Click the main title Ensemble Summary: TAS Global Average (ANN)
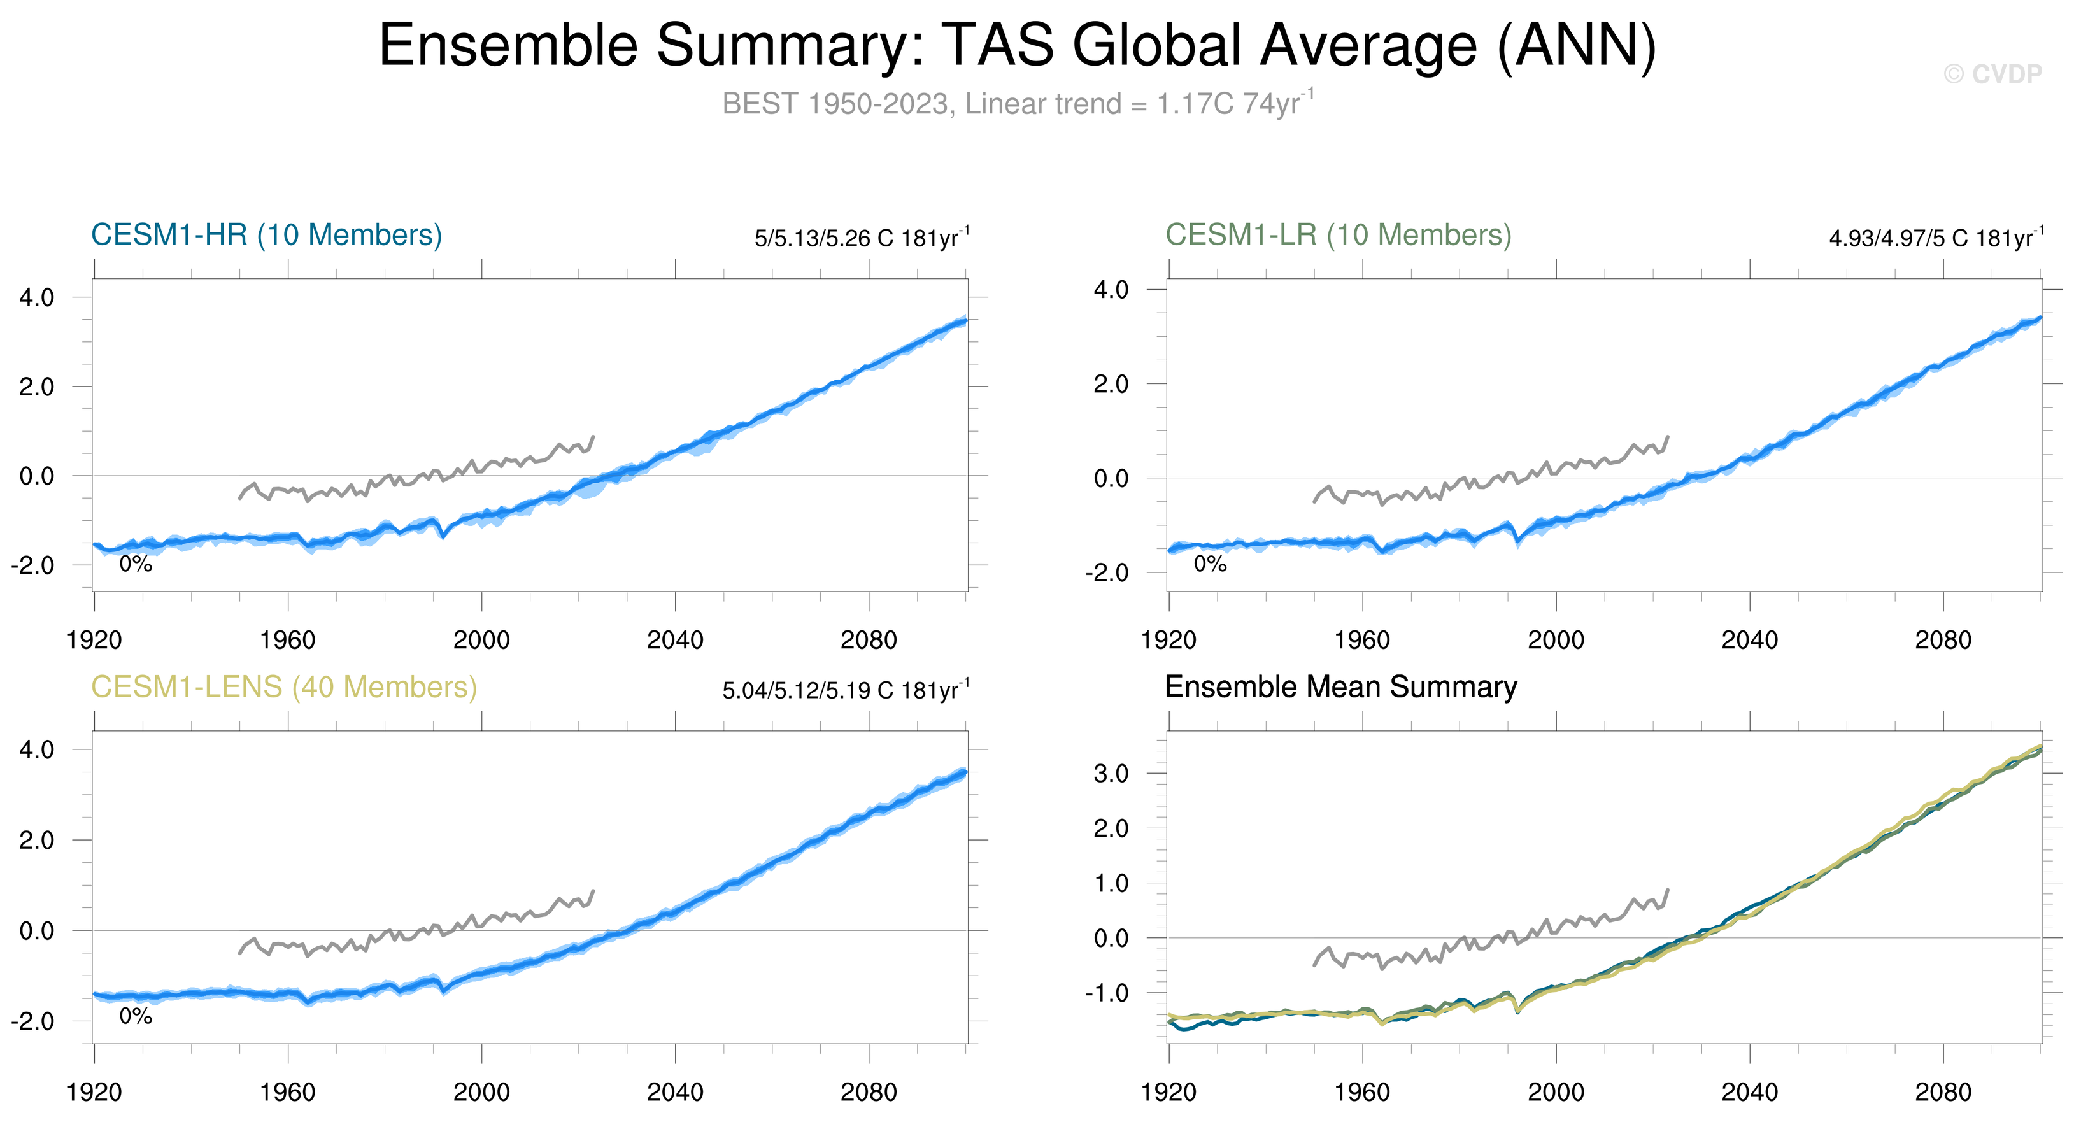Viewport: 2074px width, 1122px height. pos(1018,45)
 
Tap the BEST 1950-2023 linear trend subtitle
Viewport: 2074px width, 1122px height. pos(1018,104)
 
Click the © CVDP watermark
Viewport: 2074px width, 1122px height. pos(1992,74)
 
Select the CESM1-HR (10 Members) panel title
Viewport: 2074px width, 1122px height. pos(267,235)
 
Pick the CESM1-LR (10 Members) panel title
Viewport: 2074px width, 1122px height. pos(1338,235)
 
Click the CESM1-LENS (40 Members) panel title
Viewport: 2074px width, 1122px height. pos(283,687)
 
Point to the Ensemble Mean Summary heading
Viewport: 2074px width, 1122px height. pos(1340,687)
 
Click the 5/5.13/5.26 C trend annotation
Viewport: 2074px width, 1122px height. pos(862,238)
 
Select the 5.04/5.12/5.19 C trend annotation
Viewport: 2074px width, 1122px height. pos(846,691)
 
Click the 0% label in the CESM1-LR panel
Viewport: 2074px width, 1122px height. pos(1210,564)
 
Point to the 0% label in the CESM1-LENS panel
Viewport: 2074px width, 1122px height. pos(135,1016)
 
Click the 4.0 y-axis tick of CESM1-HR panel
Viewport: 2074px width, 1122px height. pos(37,298)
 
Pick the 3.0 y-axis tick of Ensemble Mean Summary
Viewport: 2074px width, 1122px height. pos(1111,774)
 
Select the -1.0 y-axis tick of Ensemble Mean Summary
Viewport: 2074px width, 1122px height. pos(1107,993)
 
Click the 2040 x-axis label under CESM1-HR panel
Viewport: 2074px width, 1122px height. pos(675,641)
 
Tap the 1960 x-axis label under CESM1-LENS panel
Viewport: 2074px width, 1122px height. pos(287,1093)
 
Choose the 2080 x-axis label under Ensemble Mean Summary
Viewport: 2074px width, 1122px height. pos(1943,1093)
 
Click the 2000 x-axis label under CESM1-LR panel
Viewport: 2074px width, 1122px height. pos(1556,641)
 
